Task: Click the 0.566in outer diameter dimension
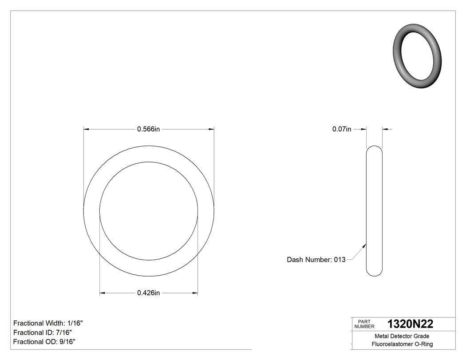tap(148, 129)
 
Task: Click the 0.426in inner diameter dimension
tap(148, 293)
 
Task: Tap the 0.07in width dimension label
tap(342, 129)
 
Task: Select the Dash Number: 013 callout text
tap(316, 260)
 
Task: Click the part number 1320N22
tap(410, 324)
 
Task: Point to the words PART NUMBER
tap(364, 324)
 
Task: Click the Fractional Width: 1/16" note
tap(48, 323)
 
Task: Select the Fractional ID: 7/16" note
tap(43, 332)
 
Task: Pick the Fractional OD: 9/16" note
tap(44, 342)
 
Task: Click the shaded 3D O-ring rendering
tap(417, 55)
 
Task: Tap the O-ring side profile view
tap(374, 211)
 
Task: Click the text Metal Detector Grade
tap(402, 336)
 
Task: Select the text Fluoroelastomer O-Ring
tap(402, 344)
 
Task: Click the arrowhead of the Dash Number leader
tap(365, 244)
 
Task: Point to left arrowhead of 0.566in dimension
tap(87, 129)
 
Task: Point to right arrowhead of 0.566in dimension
tap(211, 129)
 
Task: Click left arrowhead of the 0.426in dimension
tap(102, 293)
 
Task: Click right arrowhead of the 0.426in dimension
tap(195, 293)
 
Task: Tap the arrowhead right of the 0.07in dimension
tap(385, 129)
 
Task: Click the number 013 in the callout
tap(340, 260)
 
